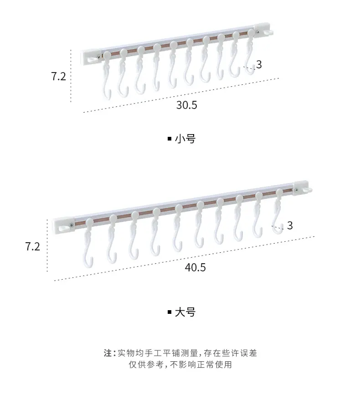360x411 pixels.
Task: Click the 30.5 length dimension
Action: [186, 105]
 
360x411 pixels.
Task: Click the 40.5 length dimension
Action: [195, 268]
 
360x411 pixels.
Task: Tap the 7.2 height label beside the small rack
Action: [58, 76]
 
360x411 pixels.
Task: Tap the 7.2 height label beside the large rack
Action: [33, 247]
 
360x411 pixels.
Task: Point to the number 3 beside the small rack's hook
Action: [259, 64]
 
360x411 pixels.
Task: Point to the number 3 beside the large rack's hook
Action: [290, 225]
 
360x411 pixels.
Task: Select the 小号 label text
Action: [185, 139]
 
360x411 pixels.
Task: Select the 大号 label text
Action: [185, 312]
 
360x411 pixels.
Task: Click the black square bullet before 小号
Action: [170, 139]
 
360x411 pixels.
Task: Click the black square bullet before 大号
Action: [170, 312]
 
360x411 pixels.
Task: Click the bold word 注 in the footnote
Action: [108, 353]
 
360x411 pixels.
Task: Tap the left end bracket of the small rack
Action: [91, 57]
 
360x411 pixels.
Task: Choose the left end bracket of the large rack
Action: [63, 225]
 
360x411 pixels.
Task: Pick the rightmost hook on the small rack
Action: [250, 52]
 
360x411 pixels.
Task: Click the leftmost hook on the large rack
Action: [88, 243]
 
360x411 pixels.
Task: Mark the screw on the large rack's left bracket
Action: [72, 224]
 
